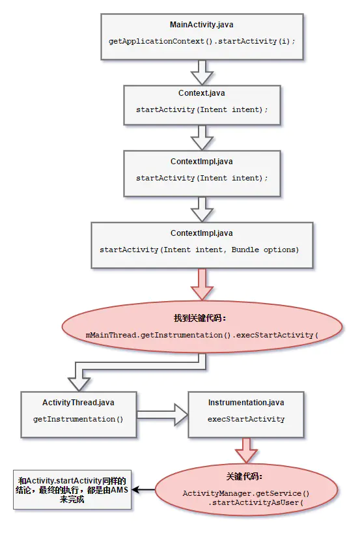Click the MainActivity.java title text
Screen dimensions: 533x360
(201, 25)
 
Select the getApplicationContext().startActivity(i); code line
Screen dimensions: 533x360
(201, 41)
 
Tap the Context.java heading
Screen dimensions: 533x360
(201, 93)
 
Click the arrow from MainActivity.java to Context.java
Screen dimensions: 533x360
(202, 69)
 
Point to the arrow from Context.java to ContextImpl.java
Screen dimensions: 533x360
(202, 137)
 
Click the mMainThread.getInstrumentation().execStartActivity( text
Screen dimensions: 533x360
(202, 335)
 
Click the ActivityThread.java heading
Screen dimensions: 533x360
(79, 403)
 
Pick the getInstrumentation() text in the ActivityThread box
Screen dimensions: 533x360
(78, 419)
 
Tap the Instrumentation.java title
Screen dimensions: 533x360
(245, 403)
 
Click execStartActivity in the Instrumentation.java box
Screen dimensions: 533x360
(245, 419)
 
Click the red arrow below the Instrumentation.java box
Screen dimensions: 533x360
(246, 449)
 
